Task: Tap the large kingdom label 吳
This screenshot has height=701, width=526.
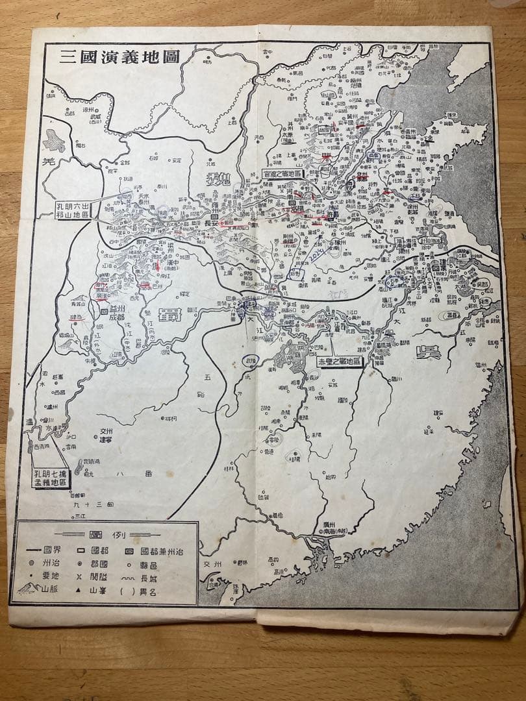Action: point(429,352)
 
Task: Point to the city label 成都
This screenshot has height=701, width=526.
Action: point(114,317)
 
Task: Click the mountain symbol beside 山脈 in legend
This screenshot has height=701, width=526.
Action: point(29,590)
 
